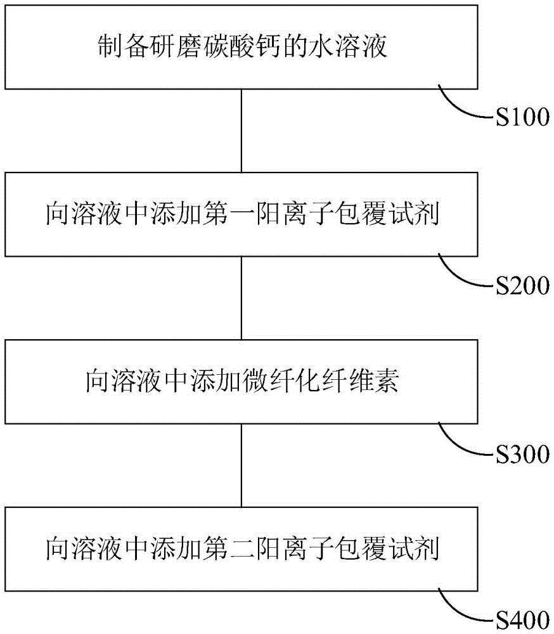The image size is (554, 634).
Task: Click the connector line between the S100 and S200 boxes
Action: click(x=241, y=130)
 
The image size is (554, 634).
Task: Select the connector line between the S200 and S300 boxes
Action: click(x=241, y=297)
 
